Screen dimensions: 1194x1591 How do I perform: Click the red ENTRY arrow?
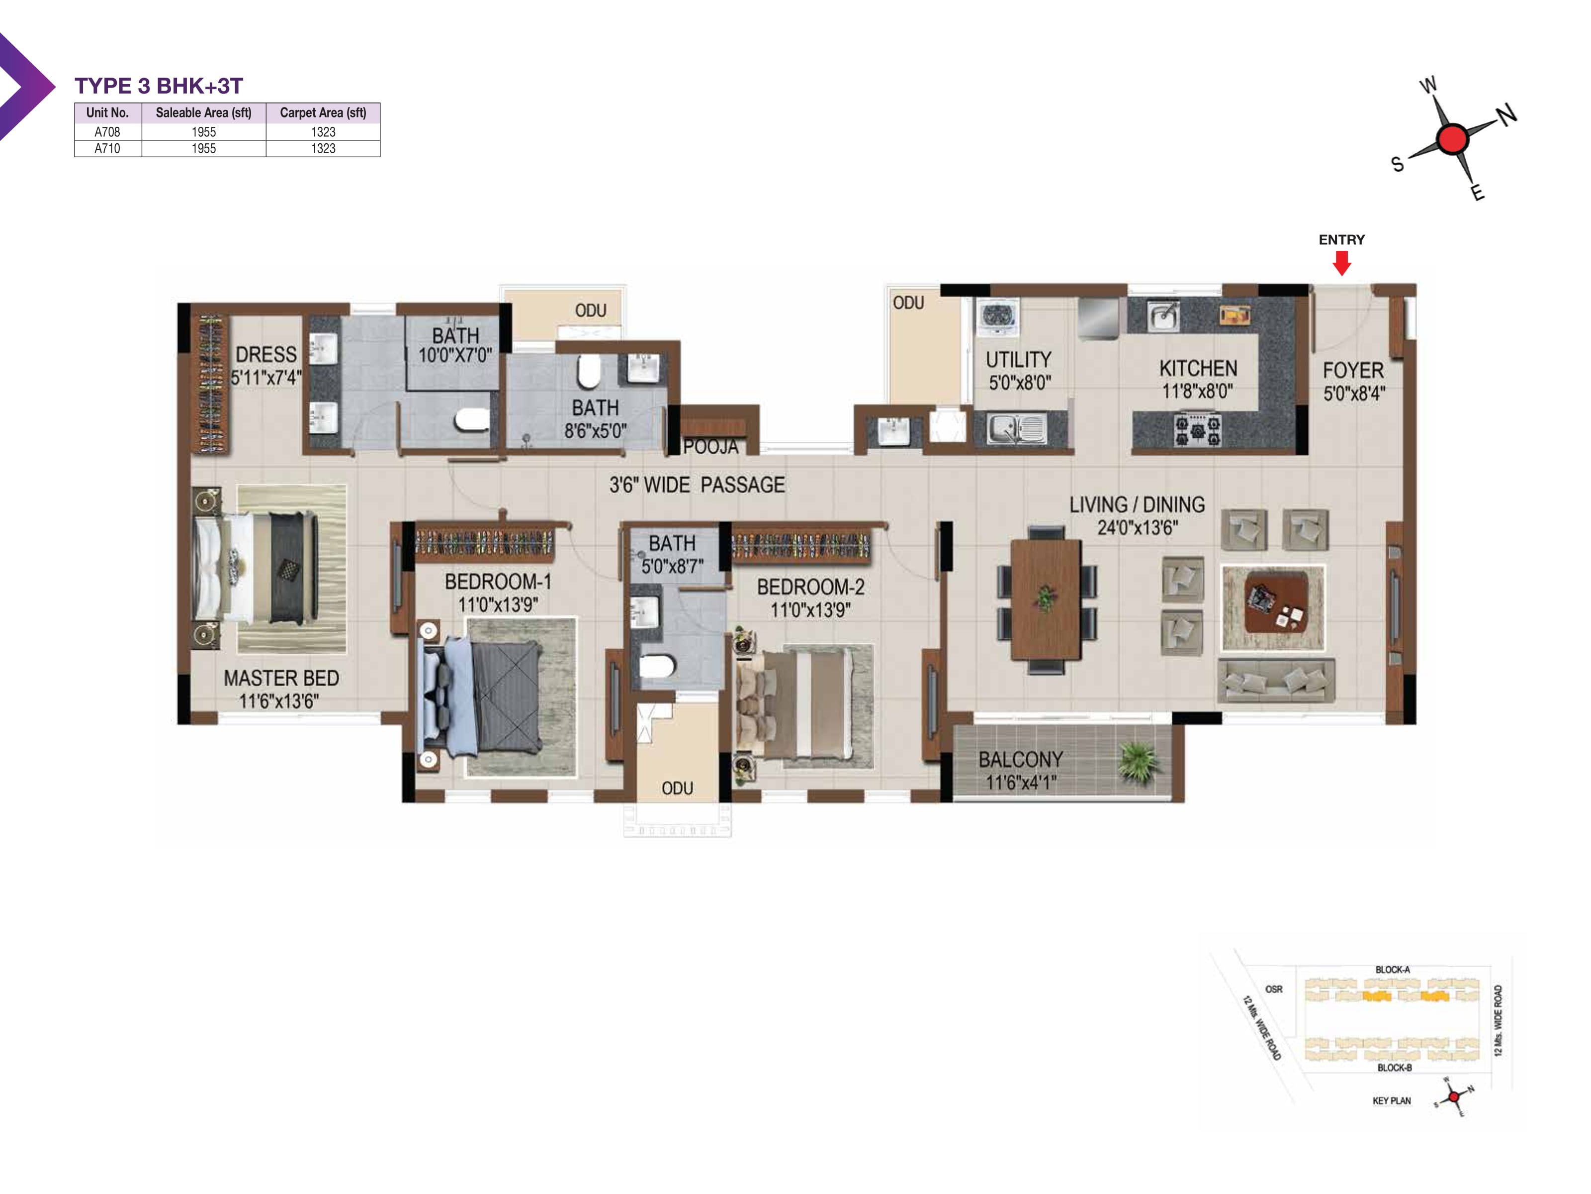click(x=1341, y=263)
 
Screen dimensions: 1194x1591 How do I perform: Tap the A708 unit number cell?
click(x=107, y=132)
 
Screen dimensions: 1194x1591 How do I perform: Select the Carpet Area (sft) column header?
click(x=323, y=113)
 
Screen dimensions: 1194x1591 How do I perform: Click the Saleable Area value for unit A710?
click(x=203, y=148)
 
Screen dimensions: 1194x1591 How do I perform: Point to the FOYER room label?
click(x=1353, y=371)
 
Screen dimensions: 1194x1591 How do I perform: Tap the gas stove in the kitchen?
click(x=1198, y=430)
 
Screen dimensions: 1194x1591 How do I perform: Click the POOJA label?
click(x=710, y=447)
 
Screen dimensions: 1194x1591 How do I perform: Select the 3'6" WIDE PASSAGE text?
click(x=696, y=485)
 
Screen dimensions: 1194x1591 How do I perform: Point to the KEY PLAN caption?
click(x=1391, y=1100)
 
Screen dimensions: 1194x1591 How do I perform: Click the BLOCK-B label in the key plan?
click(x=1394, y=1067)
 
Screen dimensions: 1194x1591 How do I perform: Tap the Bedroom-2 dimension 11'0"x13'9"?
click(x=810, y=610)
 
